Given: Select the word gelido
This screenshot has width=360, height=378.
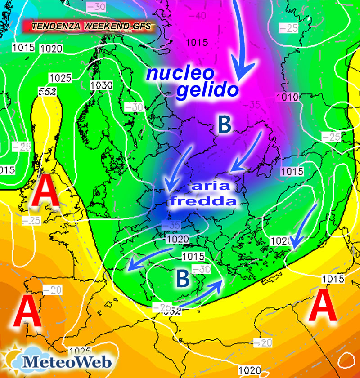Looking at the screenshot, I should (x=207, y=90).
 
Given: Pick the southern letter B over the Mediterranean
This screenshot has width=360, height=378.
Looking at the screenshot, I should (x=182, y=278).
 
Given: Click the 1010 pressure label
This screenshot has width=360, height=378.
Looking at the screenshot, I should (x=288, y=97).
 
